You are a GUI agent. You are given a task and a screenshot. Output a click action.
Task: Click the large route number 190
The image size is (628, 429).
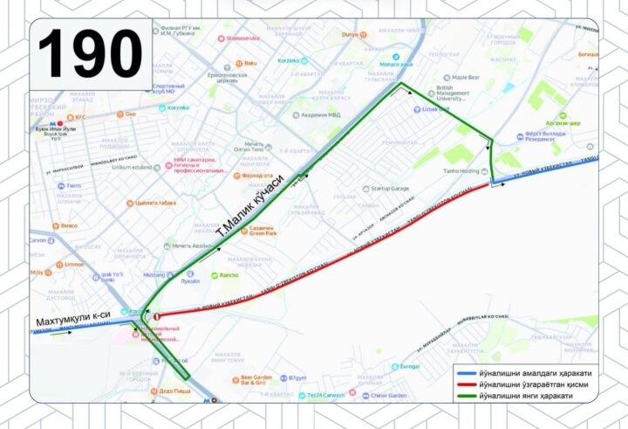[x=90, y=54]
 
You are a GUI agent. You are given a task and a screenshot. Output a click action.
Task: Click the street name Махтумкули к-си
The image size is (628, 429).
[x=72, y=322]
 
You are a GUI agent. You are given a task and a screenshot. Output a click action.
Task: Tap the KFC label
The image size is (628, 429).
[x=80, y=116]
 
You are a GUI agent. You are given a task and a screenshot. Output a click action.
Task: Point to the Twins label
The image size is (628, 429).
[x=72, y=186]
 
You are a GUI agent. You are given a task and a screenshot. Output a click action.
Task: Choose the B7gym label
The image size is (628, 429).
[x=297, y=378]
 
